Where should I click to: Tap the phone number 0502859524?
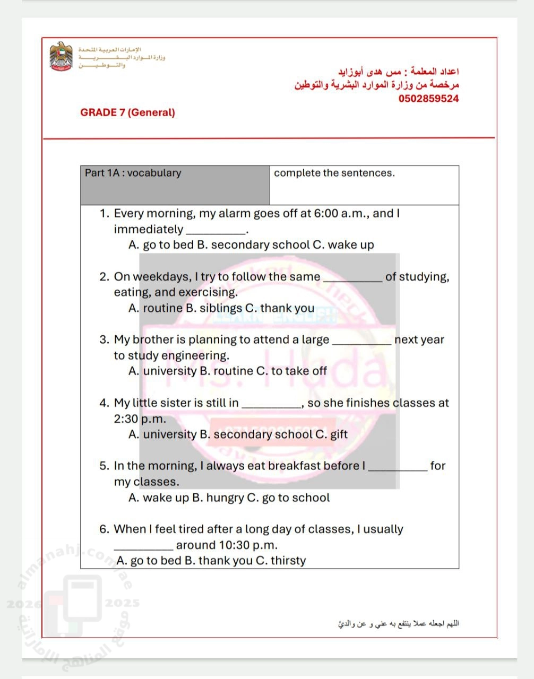[428, 99]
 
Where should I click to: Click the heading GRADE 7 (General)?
[127, 112]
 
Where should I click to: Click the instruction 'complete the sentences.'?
[334, 173]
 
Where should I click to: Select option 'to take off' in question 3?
[299, 371]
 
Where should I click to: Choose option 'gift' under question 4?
[339, 434]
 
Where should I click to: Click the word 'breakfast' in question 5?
[295, 466]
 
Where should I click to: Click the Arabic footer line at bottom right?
[398, 623]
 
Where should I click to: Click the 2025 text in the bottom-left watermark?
[122, 603]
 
